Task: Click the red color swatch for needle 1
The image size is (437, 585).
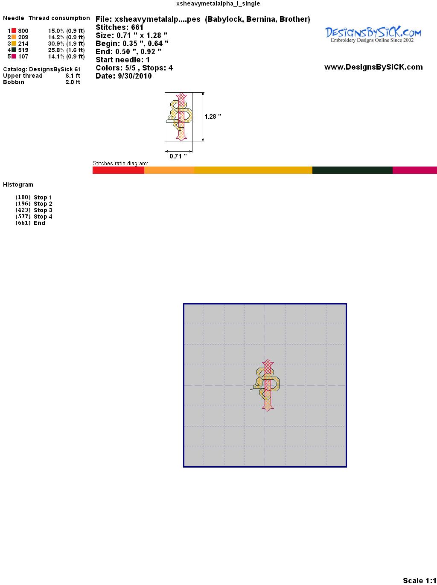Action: [x=14, y=31]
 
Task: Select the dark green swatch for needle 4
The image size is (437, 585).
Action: [x=14, y=50]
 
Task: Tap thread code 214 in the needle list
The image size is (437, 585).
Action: [x=23, y=44]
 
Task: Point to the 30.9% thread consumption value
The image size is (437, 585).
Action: [x=56, y=44]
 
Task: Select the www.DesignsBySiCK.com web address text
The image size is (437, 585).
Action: [x=373, y=67]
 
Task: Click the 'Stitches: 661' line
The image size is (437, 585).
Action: [x=119, y=27]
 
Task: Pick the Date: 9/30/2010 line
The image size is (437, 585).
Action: [x=124, y=76]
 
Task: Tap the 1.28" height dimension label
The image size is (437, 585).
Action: [x=213, y=117]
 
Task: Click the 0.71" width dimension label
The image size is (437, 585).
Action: [x=178, y=156]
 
